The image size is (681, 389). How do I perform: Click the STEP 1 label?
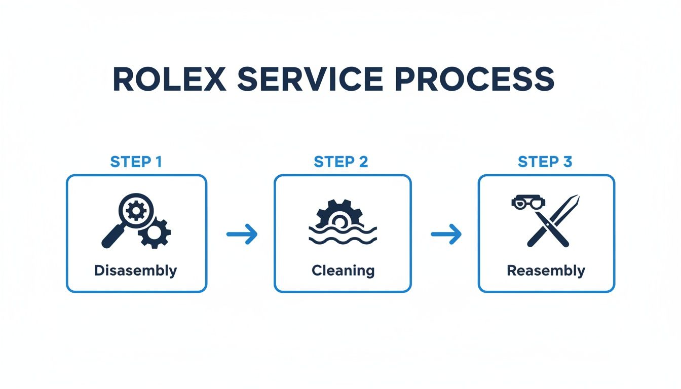point(136,162)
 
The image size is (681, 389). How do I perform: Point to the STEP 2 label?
point(341,162)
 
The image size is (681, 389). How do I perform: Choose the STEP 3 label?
point(545,162)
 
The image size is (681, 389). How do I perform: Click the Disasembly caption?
point(136,270)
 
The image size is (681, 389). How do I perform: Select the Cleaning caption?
point(343,270)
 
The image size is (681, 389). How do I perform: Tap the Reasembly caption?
point(546,270)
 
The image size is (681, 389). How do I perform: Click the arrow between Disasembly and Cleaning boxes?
point(242,234)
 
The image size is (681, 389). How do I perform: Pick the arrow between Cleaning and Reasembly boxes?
point(446,234)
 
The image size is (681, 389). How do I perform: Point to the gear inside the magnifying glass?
point(135,209)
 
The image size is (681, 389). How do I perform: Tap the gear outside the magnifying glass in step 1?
point(155,232)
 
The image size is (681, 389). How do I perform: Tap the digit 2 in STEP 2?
point(362,162)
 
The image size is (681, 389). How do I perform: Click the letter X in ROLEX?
point(214,79)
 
